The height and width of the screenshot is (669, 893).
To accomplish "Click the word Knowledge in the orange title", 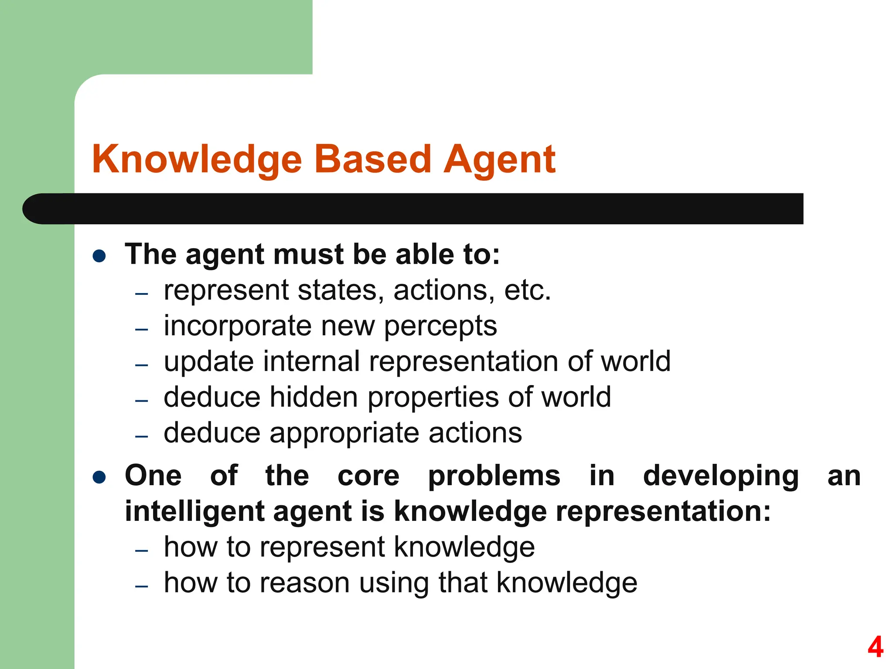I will tap(197, 159).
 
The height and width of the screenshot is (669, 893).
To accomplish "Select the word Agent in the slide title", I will tap(499, 159).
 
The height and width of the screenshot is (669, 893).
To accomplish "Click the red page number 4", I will tap(875, 647).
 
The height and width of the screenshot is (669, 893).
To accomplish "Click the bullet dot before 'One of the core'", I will tap(99, 477).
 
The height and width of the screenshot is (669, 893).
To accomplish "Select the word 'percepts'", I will tap(440, 326).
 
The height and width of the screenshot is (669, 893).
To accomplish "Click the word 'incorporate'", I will tap(238, 326).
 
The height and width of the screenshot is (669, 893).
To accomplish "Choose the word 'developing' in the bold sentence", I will tap(721, 476).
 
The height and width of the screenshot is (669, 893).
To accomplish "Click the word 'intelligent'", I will tap(194, 511).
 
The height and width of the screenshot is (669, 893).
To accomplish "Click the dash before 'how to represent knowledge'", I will tap(142, 551).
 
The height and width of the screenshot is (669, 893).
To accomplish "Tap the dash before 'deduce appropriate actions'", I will tap(142, 436).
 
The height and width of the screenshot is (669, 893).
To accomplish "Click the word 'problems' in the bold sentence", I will tap(494, 476).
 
